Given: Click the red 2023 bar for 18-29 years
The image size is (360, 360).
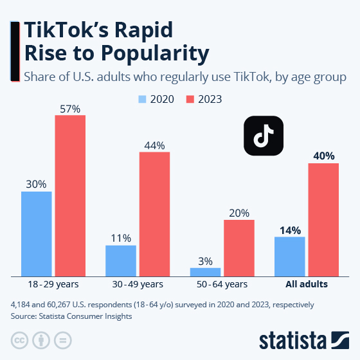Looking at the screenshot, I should click(x=70, y=195).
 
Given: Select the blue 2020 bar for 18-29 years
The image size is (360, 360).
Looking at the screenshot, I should click(x=37, y=233).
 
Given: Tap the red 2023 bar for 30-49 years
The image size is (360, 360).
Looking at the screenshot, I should click(x=154, y=213).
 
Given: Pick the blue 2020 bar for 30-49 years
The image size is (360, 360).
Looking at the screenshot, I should click(x=121, y=260).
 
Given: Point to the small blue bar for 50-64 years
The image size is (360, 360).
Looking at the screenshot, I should click(x=205, y=271).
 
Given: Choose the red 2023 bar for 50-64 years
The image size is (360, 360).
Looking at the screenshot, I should click(x=239, y=248).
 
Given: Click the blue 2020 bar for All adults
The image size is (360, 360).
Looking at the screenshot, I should click(x=289, y=256).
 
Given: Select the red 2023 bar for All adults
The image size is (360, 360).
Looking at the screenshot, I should click(x=323, y=219).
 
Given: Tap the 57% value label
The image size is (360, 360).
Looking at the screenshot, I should click(x=70, y=109).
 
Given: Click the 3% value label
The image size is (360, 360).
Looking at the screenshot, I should click(x=205, y=261).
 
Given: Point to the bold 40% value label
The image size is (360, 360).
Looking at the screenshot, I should click(x=323, y=156).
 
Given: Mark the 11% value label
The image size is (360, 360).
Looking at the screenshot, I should click(x=121, y=238).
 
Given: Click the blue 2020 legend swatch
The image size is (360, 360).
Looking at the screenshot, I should click(x=143, y=99).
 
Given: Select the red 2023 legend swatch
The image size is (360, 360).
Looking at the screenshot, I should click(x=190, y=99).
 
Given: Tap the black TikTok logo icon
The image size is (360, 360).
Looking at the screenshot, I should click(x=264, y=136).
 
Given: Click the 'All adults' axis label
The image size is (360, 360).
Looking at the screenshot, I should click(x=307, y=283).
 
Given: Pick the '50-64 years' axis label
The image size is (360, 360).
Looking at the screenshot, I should click(x=222, y=283).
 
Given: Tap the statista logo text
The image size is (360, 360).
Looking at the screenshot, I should click(x=293, y=339).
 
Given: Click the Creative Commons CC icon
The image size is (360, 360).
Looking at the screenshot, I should click(x=19, y=339).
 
